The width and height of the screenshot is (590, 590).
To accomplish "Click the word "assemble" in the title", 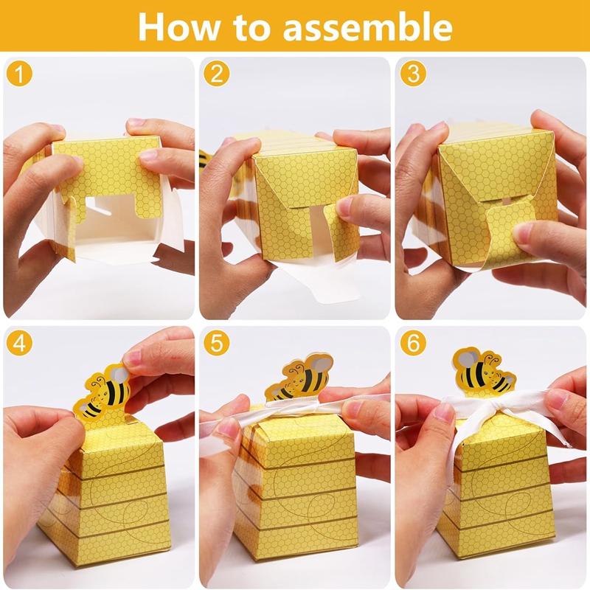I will click(x=369, y=27).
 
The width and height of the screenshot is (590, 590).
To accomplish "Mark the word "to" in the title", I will click(x=257, y=27).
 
